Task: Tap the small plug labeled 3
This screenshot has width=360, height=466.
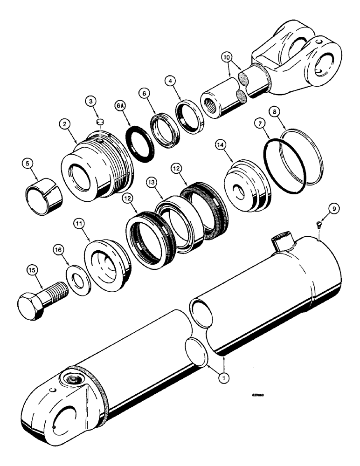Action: tap(99, 123)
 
